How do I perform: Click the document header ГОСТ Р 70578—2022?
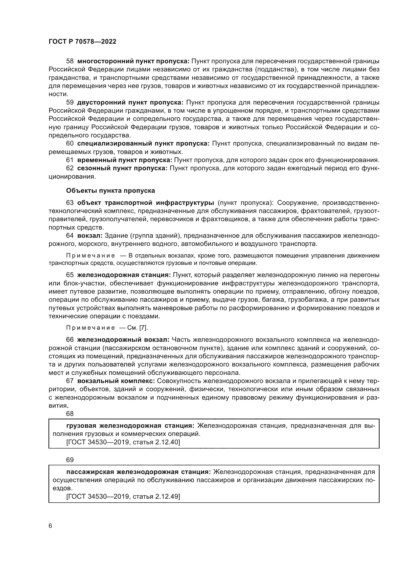pos(82,42)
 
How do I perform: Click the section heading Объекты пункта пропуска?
pos(110,191)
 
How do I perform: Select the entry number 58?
pos(70,61)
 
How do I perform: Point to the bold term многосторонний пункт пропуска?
pos(133,61)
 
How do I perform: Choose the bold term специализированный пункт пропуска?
pos(143,144)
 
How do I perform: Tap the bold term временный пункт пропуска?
pos(124,160)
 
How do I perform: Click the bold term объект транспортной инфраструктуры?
pos(146,203)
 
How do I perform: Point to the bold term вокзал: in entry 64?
pos(90,236)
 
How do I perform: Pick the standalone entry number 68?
pos(70,414)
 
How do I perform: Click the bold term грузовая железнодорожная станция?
pos(130,426)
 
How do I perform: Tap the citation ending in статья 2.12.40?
pos(123,442)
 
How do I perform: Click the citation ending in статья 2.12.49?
pos(123,496)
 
